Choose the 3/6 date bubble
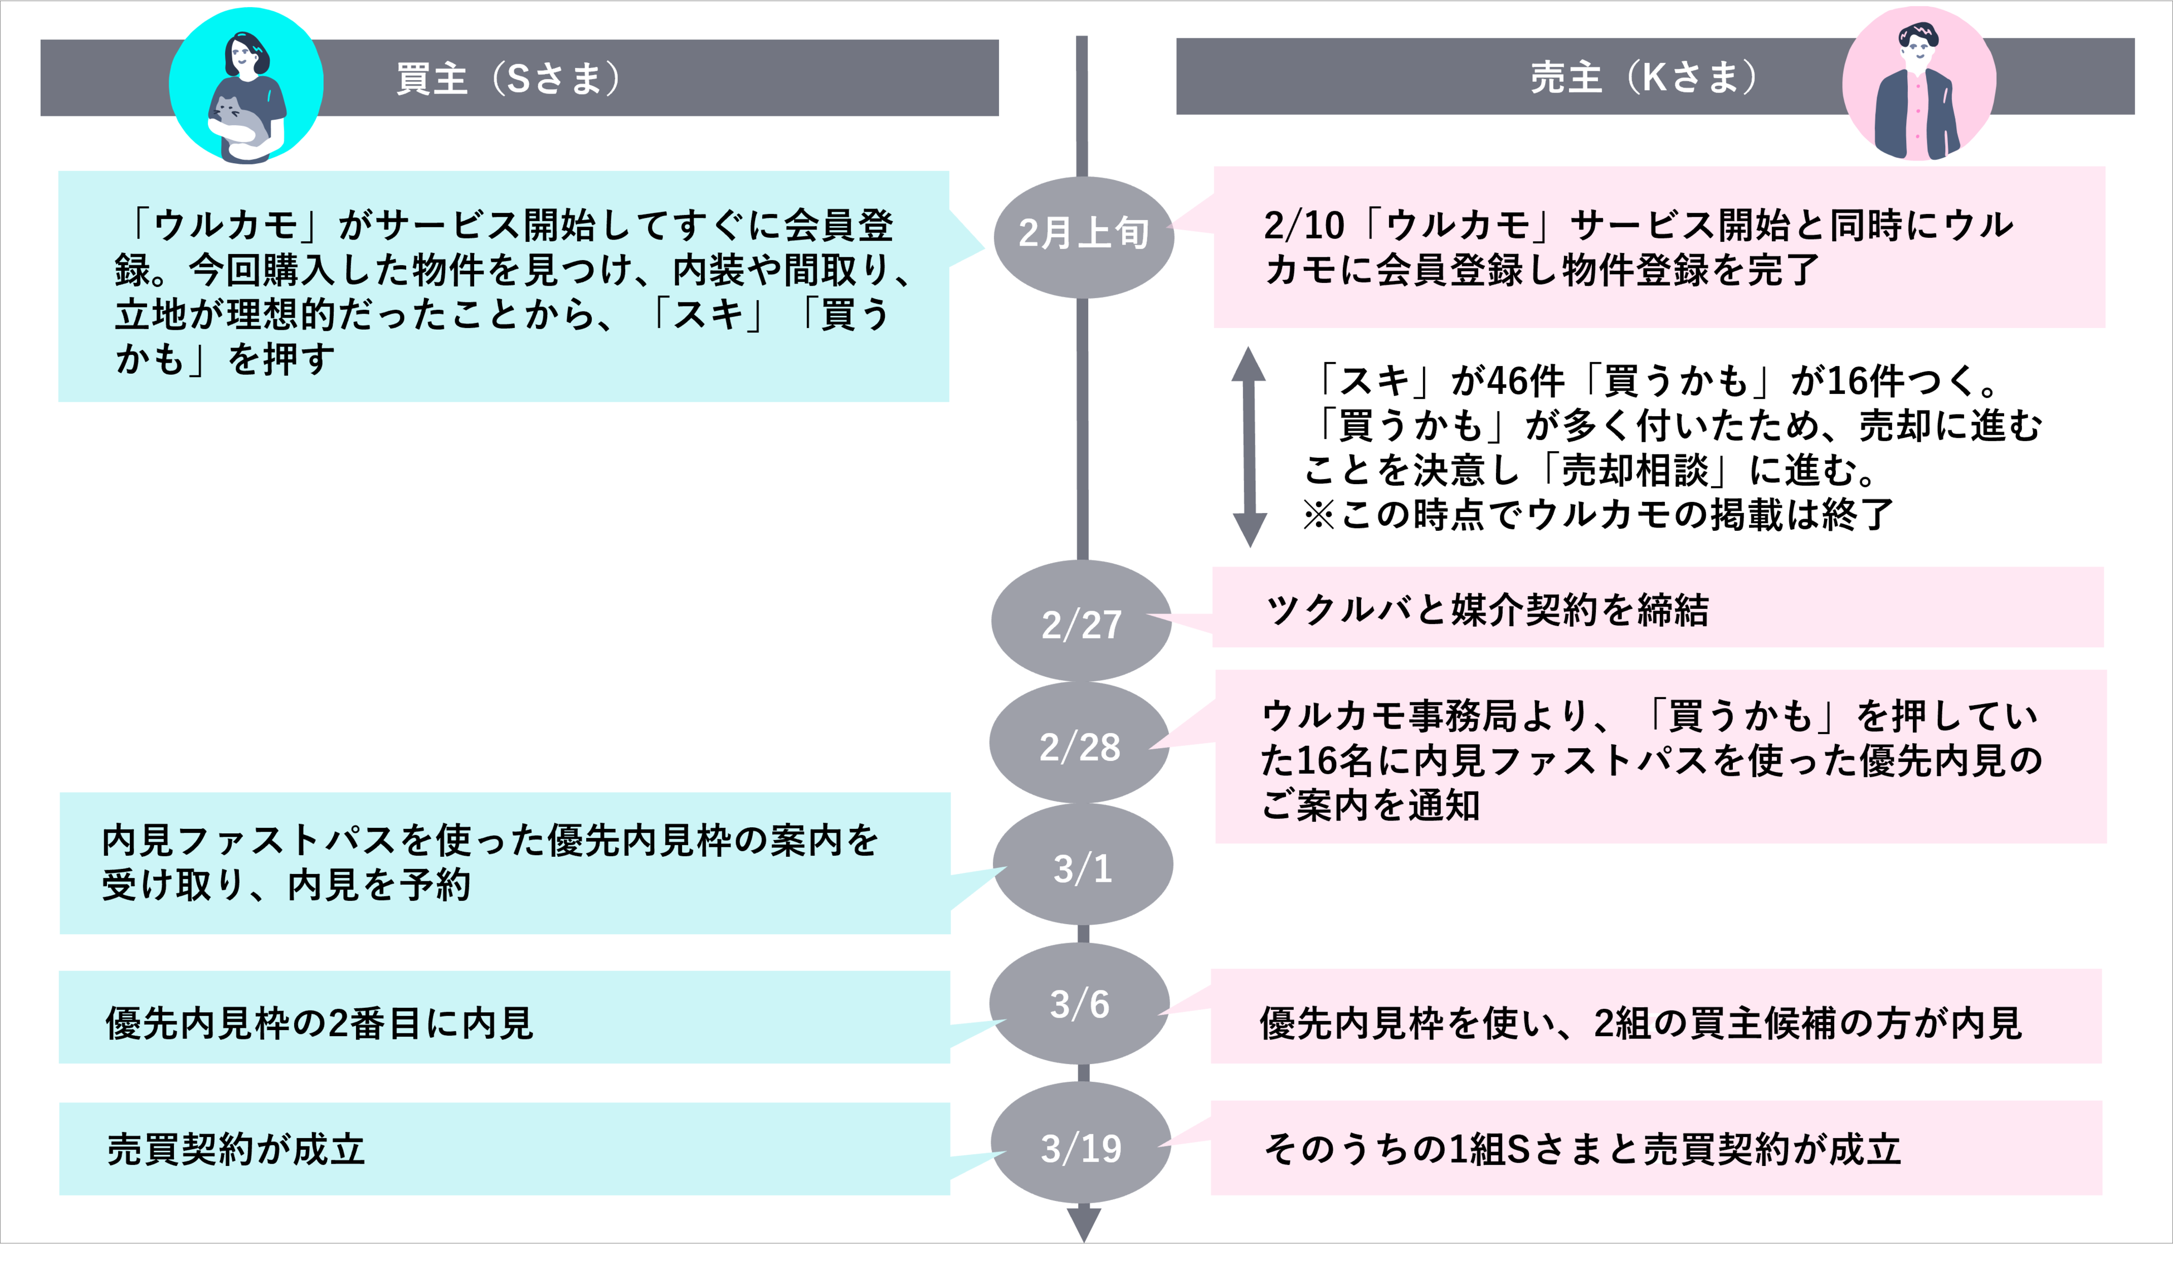tap(1080, 1004)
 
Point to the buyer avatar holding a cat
tap(247, 86)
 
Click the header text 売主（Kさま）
tap(1643, 77)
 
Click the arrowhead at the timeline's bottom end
tap(1083, 1224)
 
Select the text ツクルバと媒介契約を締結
tap(1487, 609)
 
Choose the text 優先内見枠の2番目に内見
tap(319, 1023)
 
